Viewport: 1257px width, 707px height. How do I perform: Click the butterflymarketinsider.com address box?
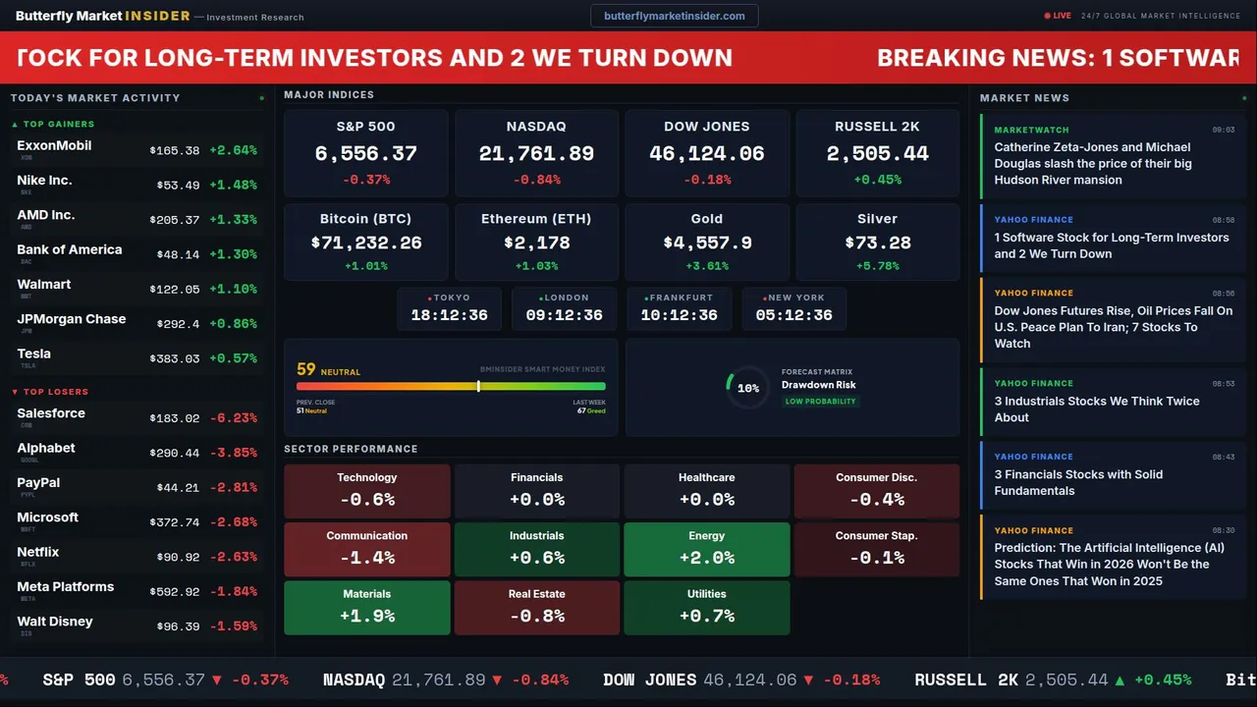click(x=674, y=16)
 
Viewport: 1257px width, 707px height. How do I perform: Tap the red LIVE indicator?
click(x=1059, y=16)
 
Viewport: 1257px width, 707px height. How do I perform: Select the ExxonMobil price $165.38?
click(x=175, y=150)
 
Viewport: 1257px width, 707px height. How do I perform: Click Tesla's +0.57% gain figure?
click(x=233, y=358)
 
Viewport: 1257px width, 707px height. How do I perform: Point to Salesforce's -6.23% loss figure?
click(x=233, y=418)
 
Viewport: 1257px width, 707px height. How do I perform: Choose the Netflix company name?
click(x=38, y=552)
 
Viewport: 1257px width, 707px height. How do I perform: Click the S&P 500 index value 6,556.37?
click(x=365, y=154)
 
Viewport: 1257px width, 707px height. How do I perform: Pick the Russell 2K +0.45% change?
click(x=877, y=180)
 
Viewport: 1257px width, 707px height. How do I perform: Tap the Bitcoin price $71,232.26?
click(x=365, y=243)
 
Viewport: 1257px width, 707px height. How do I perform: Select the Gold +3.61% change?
click(x=706, y=266)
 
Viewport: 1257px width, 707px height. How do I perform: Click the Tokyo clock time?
click(x=449, y=315)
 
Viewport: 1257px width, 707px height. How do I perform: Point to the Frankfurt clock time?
click(x=679, y=315)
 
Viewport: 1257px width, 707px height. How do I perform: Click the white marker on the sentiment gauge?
click(x=478, y=386)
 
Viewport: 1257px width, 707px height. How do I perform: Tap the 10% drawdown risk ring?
click(x=747, y=388)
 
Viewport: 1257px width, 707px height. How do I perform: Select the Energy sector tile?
click(x=706, y=548)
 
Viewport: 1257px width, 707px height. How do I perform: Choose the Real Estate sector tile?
click(x=536, y=607)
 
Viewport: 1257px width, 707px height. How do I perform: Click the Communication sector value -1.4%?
click(x=367, y=558)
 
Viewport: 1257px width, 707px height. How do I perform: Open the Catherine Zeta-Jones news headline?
click(x=1092, y=163)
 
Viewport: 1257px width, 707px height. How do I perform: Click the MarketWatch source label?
click(x=1031, y=130)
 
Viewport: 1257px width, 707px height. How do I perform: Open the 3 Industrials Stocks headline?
click(x=1096, y=408)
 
